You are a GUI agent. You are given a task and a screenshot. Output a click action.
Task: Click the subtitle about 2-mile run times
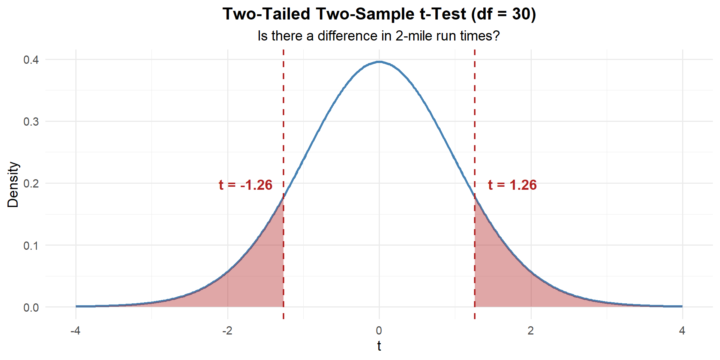[x=378, y=36]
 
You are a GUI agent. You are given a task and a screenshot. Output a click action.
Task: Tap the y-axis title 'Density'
[x=13, y=184]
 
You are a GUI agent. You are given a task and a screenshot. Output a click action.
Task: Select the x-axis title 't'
[x=379, y=346]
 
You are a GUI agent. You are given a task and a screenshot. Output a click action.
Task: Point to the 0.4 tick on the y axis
[x=31, y=60]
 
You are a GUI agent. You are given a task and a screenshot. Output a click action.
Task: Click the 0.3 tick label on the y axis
[x=31, y=121]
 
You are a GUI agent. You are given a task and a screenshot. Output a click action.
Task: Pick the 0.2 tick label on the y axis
[x=31, y=183]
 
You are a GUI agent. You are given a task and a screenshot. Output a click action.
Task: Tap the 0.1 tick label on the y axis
[x=31, y=246]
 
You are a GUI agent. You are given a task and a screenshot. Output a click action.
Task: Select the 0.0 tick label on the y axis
[x=31, y=307]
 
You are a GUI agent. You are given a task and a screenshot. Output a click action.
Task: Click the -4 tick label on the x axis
[x=76, y=331]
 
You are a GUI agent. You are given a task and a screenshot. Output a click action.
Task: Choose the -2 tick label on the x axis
[x=227, y=331]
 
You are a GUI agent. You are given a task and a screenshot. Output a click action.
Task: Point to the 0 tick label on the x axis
[x=379, y=331]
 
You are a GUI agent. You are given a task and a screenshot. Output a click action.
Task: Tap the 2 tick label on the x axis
[x=531, y=331]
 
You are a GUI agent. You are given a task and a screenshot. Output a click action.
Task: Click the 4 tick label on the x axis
[x=682, y=331]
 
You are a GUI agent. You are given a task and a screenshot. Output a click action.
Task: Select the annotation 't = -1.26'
[x=246, y=185]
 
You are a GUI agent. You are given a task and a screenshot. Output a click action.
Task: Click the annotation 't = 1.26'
[x=512, y=185]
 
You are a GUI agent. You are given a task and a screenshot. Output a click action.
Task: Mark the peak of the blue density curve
[x=379, y=62]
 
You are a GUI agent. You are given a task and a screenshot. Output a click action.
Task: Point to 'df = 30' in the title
[x=504, y=14]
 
